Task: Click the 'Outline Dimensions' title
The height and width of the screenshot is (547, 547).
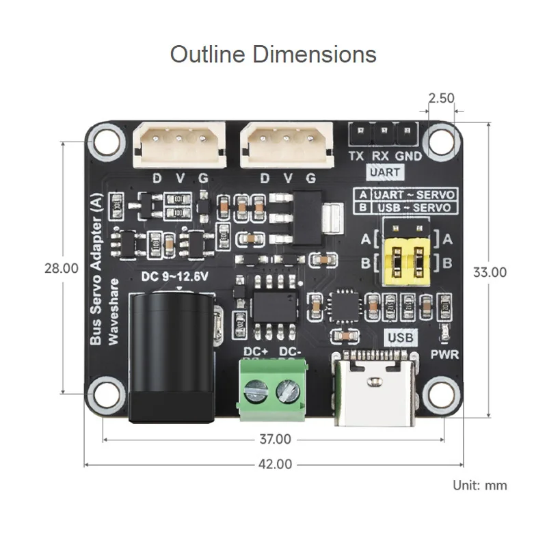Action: [273, 53]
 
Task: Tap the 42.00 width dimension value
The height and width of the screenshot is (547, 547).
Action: [273, 464]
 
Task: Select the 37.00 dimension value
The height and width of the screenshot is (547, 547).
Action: [273, 439]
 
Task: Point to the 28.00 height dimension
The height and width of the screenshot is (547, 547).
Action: [62, 269]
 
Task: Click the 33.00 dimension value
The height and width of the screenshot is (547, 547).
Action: [490, 271]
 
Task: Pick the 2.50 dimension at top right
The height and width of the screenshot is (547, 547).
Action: [441, 98]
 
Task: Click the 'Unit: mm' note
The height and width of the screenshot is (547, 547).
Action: [480, 485]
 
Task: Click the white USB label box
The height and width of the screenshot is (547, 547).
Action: [401, 336]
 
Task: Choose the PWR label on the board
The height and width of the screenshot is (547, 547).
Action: [445, 355]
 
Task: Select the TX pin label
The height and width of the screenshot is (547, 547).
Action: [356, 156]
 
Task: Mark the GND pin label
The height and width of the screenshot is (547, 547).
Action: [408, 156]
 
